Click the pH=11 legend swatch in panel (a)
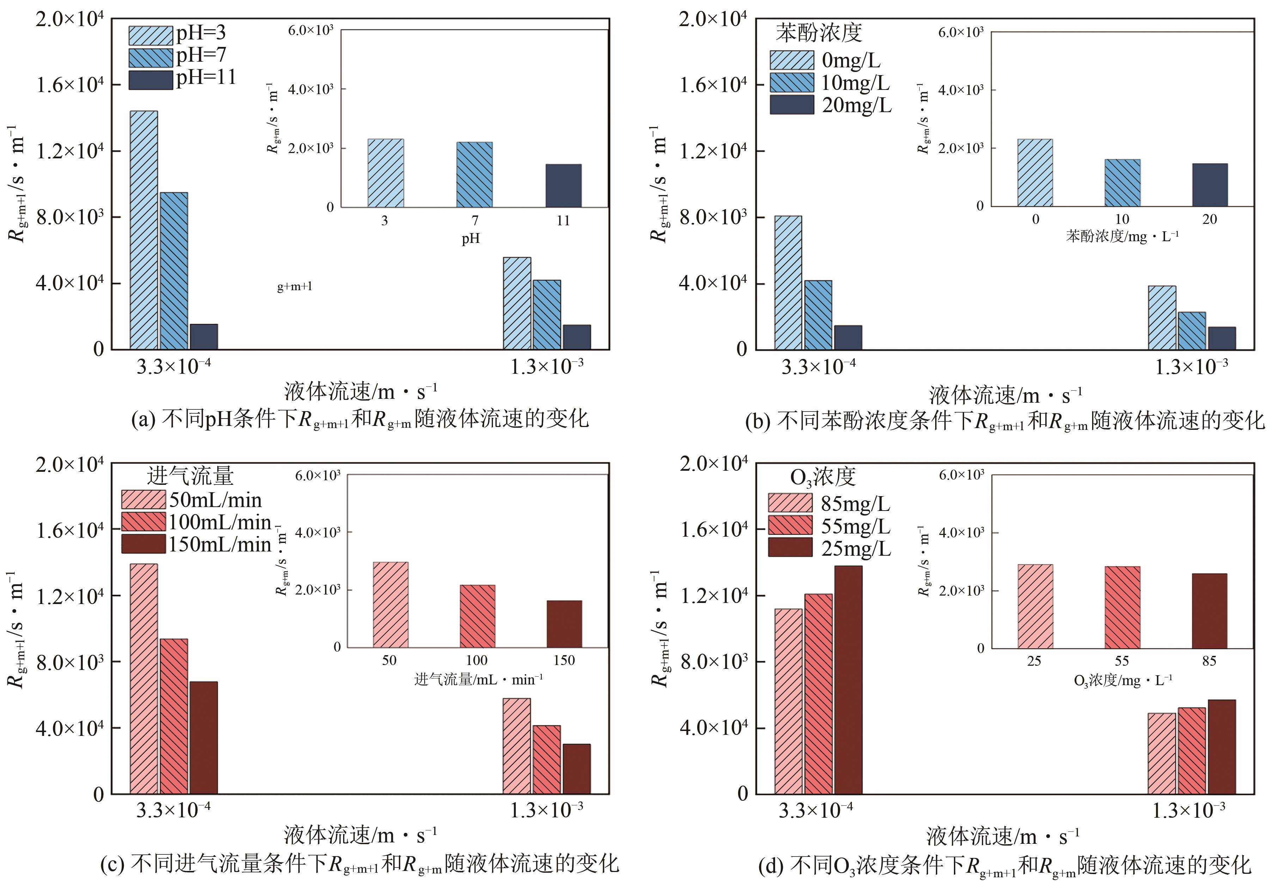point(151,80)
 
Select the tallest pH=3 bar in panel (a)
point(144,230)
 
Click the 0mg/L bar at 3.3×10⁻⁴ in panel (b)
point(788,282)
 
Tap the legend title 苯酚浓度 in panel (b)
point(819,33)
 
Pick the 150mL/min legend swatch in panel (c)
point(144,544)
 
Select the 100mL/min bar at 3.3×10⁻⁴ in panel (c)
point(174,716)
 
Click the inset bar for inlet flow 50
point(391,604)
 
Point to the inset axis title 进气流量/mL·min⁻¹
point(478,679)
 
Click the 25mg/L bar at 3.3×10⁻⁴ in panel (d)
point(848,679)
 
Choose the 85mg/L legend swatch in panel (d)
point(790,503)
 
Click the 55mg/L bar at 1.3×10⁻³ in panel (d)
point(1192,750)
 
